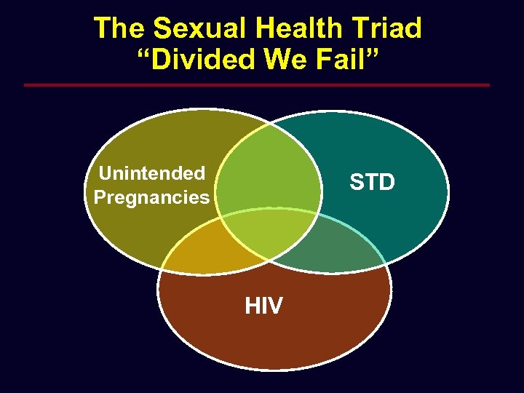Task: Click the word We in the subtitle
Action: click(x=289, y=60)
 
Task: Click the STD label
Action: click(x=372, y=182)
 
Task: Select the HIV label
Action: click(x=263, y=306)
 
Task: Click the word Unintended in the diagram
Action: click(x=151, y=173)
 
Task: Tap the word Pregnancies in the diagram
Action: click(x=151, y=197)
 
